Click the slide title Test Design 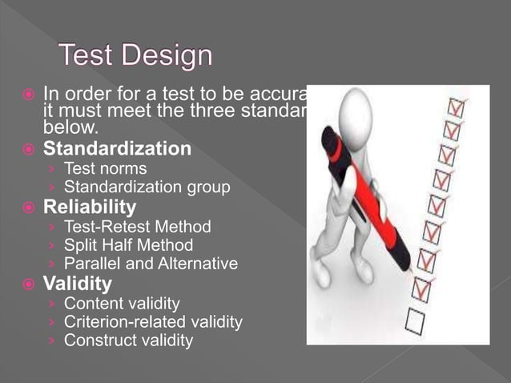(136, 55)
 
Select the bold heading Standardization (117, 149)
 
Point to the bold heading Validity (78, 284)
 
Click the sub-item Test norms (105, 168)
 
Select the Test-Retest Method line (137, 227)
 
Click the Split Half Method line (128, 245)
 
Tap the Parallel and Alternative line (151, 264)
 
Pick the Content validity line (122, 304)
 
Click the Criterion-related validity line (153, 322)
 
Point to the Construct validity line (128, 341)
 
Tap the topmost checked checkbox (457, 106)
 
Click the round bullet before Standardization (28, 150)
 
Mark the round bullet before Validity (28, 284)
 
